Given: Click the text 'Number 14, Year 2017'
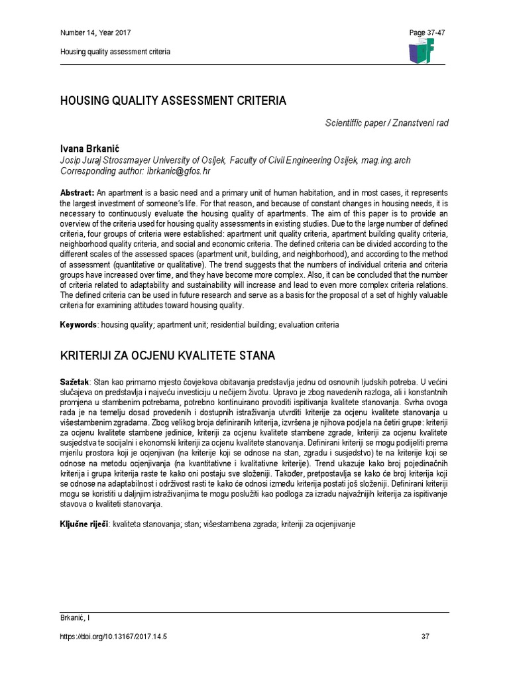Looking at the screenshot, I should (95, 33).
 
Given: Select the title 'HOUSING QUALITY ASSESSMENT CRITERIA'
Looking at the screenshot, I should (174, 101).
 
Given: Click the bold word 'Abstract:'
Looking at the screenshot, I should (78, 192).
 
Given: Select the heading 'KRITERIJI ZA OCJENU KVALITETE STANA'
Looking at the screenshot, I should (167, 356).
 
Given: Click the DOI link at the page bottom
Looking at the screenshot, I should (113, 637).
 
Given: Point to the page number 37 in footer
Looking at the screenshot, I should (425, 637).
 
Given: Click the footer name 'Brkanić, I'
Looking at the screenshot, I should (75, 618).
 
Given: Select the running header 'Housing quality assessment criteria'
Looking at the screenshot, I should (115, 52).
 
